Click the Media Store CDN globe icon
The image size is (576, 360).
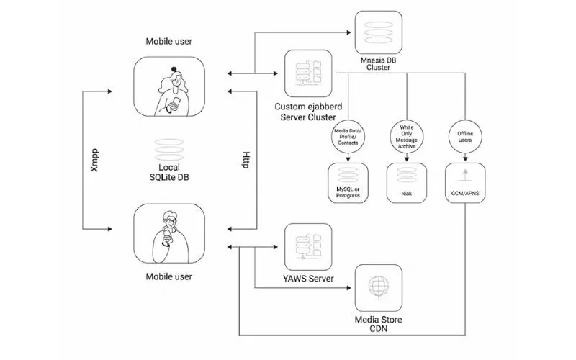click(378, 287)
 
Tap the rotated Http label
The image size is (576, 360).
click(246, 158)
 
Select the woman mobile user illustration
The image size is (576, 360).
click(168, 88)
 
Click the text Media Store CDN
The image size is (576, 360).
click(378, 324)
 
